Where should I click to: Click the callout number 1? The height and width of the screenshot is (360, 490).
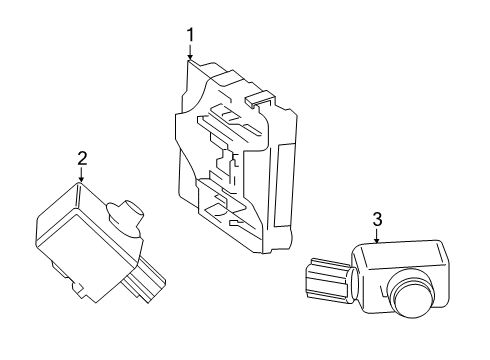189,37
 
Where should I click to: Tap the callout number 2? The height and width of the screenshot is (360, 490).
82,156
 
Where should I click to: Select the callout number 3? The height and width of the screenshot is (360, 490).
377,219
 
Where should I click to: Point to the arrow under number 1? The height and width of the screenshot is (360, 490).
189,56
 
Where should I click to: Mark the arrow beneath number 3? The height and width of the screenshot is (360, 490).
377,237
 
